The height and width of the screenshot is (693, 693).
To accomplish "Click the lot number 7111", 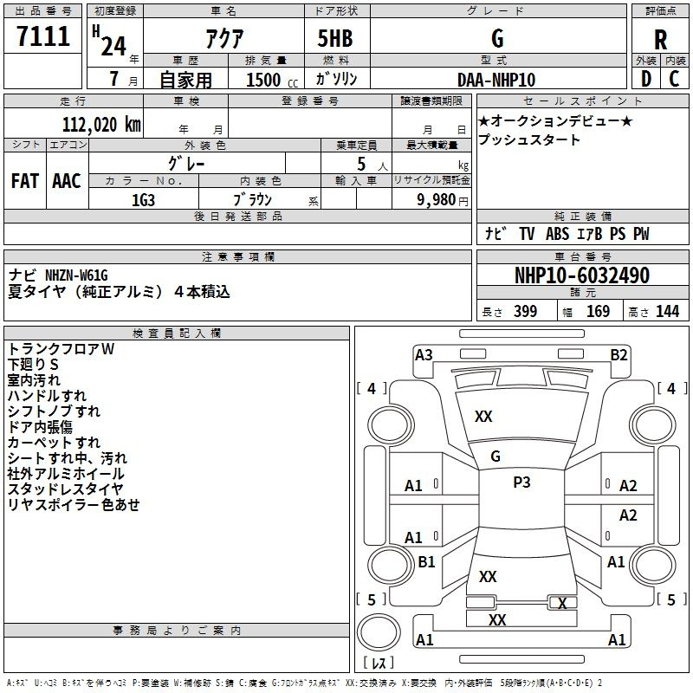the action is (43, 36).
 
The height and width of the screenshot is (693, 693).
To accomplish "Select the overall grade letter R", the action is (660, 40).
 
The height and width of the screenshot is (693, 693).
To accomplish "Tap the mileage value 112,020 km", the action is (101, 125).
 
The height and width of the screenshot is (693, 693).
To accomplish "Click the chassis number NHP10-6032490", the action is (582, 275).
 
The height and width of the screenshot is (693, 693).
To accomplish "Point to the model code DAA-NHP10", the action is (496, 80).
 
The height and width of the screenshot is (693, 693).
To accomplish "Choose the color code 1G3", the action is (143, 200).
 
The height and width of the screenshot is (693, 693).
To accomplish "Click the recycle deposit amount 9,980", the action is (436, 200).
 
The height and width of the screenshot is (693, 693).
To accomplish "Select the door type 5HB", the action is (335, 38).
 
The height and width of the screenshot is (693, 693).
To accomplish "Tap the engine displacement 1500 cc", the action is (272, 80).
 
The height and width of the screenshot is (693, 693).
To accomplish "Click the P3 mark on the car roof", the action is (521, 483).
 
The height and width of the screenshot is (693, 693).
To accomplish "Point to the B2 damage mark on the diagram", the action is (619, 355).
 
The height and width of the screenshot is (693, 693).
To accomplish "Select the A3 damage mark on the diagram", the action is (424, 355).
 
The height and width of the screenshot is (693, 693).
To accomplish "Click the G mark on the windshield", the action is (495, 457).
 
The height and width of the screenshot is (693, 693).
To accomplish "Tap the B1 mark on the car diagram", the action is (426, 561).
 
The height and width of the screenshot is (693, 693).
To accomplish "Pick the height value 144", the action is (667, 312).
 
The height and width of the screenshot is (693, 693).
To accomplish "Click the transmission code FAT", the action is (25, 181).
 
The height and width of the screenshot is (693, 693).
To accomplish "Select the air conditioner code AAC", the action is (67, 181).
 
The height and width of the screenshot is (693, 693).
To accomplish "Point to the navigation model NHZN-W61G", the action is (76, 275).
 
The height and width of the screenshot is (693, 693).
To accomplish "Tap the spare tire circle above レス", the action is (379, 631).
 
